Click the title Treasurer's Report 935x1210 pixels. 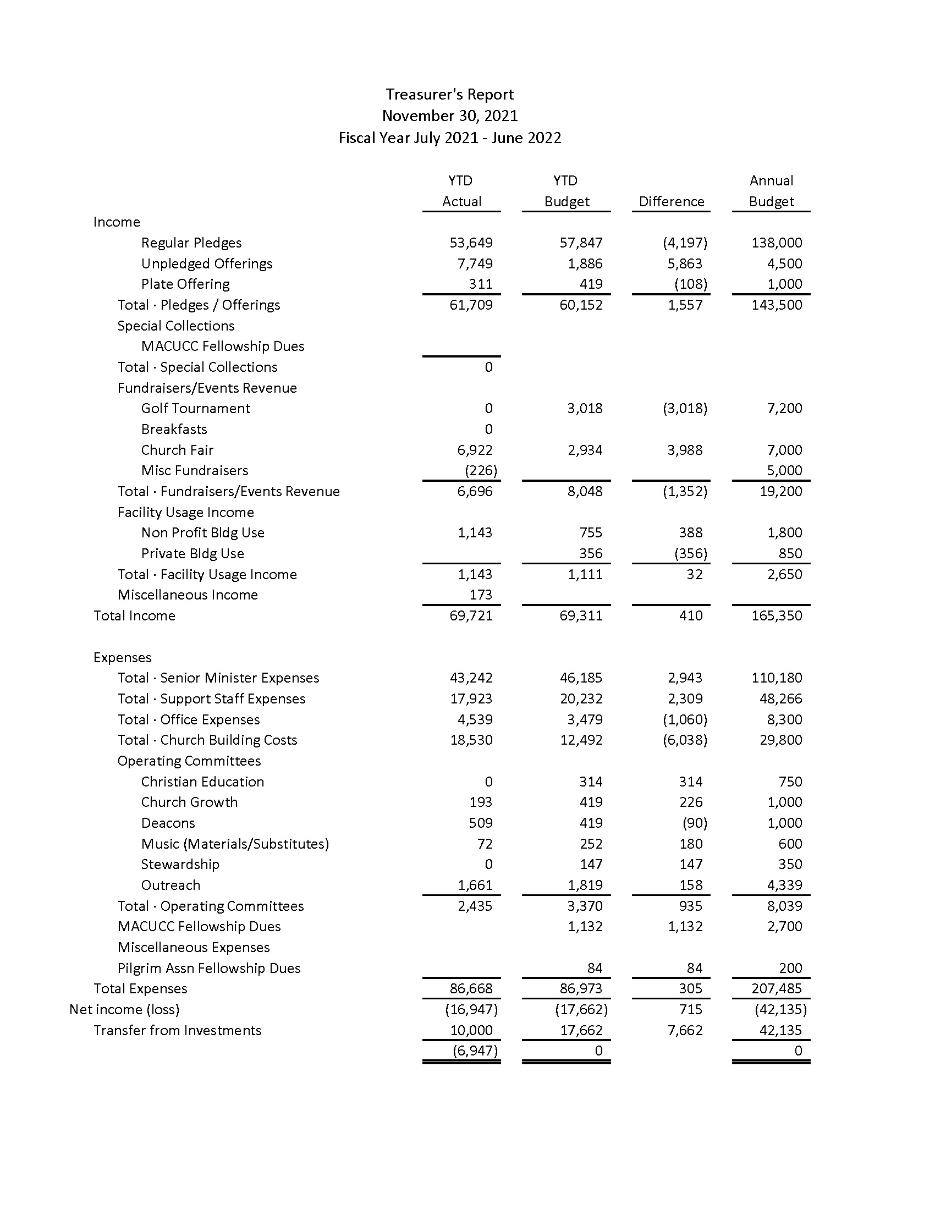450,94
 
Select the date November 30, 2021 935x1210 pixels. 450,116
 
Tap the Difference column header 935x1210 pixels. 672,202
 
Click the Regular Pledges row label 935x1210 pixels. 191,243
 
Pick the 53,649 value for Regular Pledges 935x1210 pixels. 471,243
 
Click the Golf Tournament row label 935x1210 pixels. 196,408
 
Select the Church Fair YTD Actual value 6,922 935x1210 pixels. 475,450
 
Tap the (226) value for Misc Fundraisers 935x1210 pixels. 481,470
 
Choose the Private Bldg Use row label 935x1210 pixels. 192,553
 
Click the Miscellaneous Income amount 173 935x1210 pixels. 480,595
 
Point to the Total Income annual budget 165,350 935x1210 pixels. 777,615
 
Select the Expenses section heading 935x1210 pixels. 123,658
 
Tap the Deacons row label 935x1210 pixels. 168,823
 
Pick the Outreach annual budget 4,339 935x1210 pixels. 784,885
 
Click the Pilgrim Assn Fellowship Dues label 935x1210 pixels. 209,968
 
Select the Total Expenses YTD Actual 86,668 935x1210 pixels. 471,988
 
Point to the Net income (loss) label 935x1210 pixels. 125,1009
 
